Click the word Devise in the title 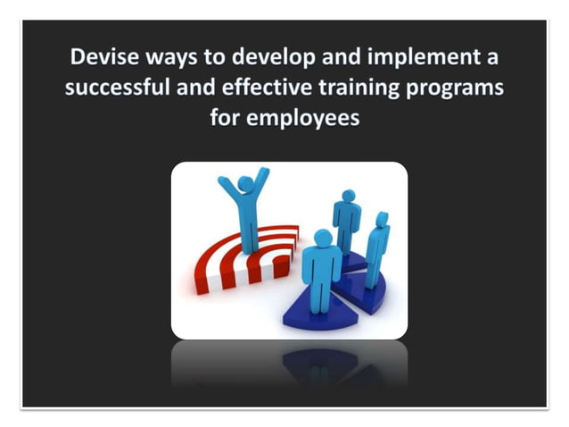coord(101,60)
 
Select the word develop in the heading coord(266,60)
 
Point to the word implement coord(423,60)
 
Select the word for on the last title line coord(226,117)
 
